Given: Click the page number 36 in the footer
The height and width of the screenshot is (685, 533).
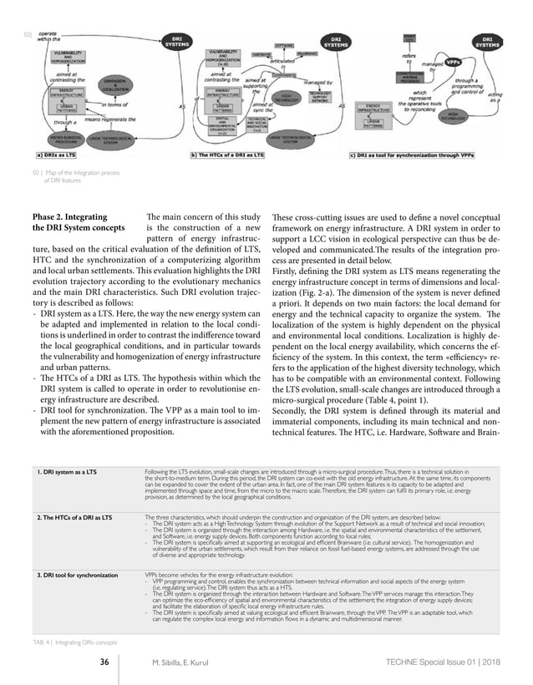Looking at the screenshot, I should click(104, 662).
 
